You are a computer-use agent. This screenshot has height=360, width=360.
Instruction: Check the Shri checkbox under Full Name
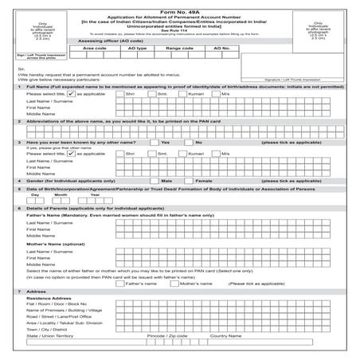pos(119,92)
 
